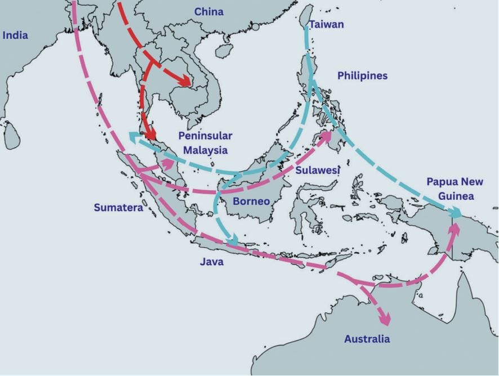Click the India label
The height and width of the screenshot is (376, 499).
(15, 35)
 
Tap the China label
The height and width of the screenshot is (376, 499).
(208, 12)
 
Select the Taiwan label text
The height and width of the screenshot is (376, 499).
(326, 25)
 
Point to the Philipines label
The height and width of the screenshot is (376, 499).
(362, 75)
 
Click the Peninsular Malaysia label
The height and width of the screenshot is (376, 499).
(205, 143)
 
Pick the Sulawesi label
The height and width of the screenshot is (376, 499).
(317, 170)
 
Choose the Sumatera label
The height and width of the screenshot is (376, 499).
(118, 208)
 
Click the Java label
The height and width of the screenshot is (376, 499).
(211, 262)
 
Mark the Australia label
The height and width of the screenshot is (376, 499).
(367, 339)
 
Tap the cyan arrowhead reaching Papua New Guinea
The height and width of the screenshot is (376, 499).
(455, 213)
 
